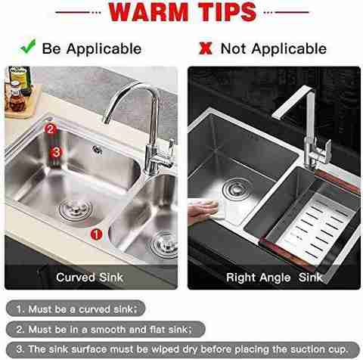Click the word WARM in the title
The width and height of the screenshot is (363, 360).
coord(149,12)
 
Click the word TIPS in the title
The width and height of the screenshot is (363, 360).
coord(227,12)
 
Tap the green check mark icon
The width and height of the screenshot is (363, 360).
coord(28,46)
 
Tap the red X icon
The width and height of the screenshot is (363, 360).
coord(206,48)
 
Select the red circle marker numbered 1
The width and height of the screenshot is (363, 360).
coord(96,234)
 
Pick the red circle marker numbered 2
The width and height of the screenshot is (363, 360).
coord(51,129)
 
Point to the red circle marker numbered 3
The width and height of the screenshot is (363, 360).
coord(56,152)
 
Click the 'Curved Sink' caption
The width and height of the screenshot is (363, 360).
coord(89,278)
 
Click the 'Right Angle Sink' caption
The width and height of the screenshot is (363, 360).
coord(275,278)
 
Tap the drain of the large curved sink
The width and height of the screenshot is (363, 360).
coord(76,209)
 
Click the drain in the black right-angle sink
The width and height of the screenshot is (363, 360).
coord(236,189)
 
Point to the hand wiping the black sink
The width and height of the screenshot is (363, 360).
coord(203,210)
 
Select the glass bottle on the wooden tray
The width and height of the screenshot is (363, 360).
coord(17,99)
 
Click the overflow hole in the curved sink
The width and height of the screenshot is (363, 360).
coord(97,150)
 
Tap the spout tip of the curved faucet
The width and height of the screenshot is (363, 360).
coord(107,119)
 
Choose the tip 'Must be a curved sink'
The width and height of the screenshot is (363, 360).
coord(76,309)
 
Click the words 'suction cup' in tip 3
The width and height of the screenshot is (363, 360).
coord(319,349)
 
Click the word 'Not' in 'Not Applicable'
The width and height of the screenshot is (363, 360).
coord(233,48)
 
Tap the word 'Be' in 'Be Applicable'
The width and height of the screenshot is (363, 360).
coord(51,48)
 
